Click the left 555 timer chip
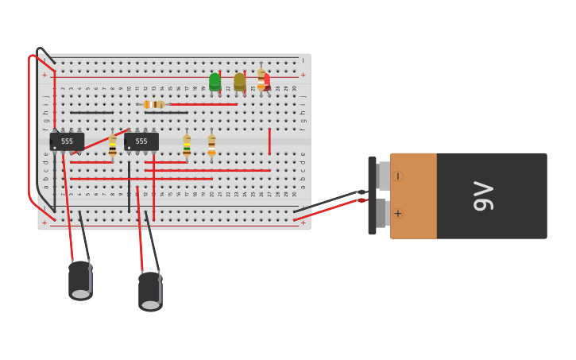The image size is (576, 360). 67,141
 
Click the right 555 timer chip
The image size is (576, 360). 141,141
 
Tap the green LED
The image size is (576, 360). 215,81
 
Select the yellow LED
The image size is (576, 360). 239,81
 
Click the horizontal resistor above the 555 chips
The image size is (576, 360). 154,104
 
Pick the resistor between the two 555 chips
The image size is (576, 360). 113,145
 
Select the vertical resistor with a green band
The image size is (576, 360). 187,145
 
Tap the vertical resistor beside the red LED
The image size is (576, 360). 261,79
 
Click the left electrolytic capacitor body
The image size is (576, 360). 80,280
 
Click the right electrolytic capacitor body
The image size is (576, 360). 150,291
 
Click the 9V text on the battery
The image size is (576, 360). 483,196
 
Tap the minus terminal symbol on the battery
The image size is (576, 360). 397,176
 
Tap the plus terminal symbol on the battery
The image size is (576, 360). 397,213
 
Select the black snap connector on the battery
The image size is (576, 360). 372,195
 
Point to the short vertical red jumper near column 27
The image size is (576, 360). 269,141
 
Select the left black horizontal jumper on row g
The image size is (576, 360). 91,113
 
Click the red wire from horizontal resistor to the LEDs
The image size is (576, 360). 203,104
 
